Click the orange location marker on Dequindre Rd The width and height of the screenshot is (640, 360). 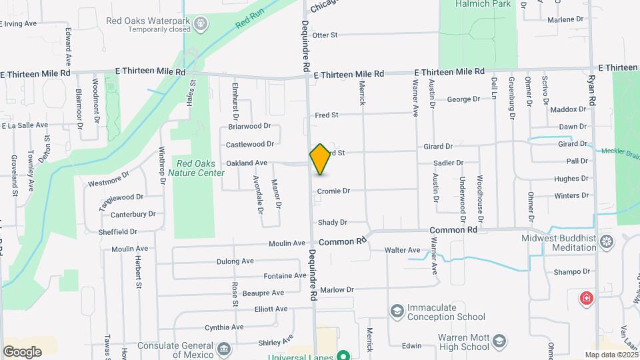pos(321,159)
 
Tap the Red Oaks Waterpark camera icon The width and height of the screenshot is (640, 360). pos(201,25)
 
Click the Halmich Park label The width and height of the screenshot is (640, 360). pos(478,4)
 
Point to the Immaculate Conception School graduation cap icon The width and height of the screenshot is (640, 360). pos(397,312)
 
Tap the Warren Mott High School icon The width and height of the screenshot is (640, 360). pos(498,343)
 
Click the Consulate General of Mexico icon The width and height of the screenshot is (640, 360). pos(224,349)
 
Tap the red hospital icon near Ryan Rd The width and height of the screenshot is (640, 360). pos(587,297)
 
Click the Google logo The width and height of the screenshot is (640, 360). pos(22,351)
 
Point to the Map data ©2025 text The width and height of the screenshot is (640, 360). pos(611,355)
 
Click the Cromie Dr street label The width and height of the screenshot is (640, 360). pos(333,191)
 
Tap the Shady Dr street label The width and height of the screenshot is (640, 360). pos(333,223)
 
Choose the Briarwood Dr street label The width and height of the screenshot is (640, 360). pos(249,126)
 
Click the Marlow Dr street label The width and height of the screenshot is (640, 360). pos(337,290)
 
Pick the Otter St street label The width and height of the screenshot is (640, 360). pos(325,35)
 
